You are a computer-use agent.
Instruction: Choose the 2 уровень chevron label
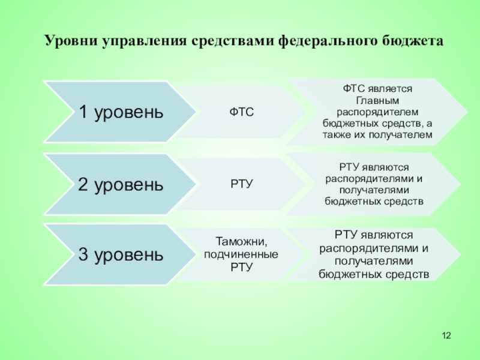tap(121, 184)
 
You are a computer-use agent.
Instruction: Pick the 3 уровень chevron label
tap(121, 255)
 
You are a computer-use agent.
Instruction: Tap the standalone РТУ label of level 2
tap(241, 182)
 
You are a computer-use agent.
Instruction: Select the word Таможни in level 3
tap(241, 242)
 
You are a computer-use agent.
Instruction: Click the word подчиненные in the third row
tap(241, 254)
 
